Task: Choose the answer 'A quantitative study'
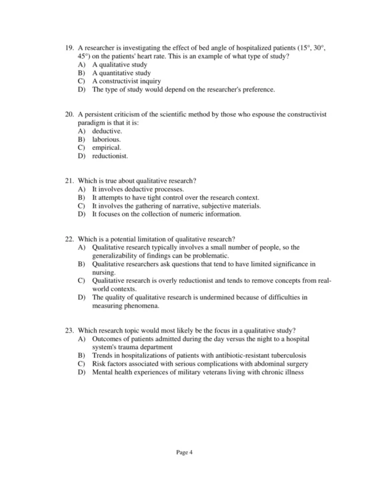click(121, 73)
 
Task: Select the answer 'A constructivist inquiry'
click(127, 81)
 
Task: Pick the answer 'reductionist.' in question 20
click(110, 156)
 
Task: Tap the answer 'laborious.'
click(106, 140)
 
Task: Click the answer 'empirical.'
click(106, 148)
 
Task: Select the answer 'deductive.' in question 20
click(107, 131)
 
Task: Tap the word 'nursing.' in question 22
click(103, 272)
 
